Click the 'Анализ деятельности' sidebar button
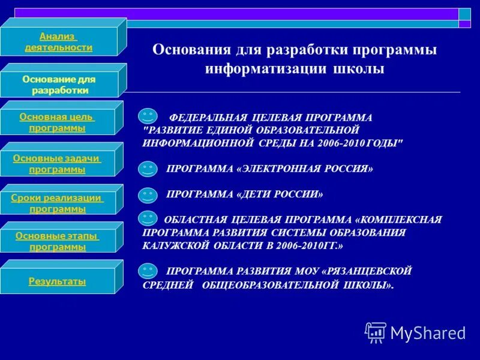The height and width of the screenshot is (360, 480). click(x=59, y=42)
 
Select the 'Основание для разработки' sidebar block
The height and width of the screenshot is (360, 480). click(x=59, y=85)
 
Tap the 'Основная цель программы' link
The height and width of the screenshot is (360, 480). click(x=57, y=122)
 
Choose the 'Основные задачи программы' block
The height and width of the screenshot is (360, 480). click(x=57, y=164)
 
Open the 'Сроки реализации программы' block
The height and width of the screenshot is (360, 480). click(x=57, y=203)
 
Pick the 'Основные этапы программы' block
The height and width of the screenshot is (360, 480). click(x=57, y=241)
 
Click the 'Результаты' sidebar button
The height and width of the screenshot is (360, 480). click(x=57, y=281)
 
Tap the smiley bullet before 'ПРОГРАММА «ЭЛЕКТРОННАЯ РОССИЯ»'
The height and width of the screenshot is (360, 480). click(x=148, y=169)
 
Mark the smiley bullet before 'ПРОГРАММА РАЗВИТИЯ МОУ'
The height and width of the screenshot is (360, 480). click(x=148, y=271)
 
